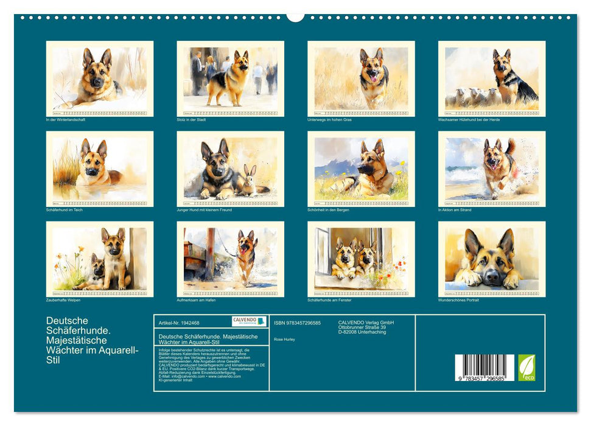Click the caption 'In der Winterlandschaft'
tap(66, 120)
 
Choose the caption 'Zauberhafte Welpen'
tap(63, 300)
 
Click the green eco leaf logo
tap(527, 368)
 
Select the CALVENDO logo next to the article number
tap(249, 321)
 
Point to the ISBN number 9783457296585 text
tap(298, 323)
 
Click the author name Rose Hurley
tap(285, 339)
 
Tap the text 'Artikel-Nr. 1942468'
tap(178, 323)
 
